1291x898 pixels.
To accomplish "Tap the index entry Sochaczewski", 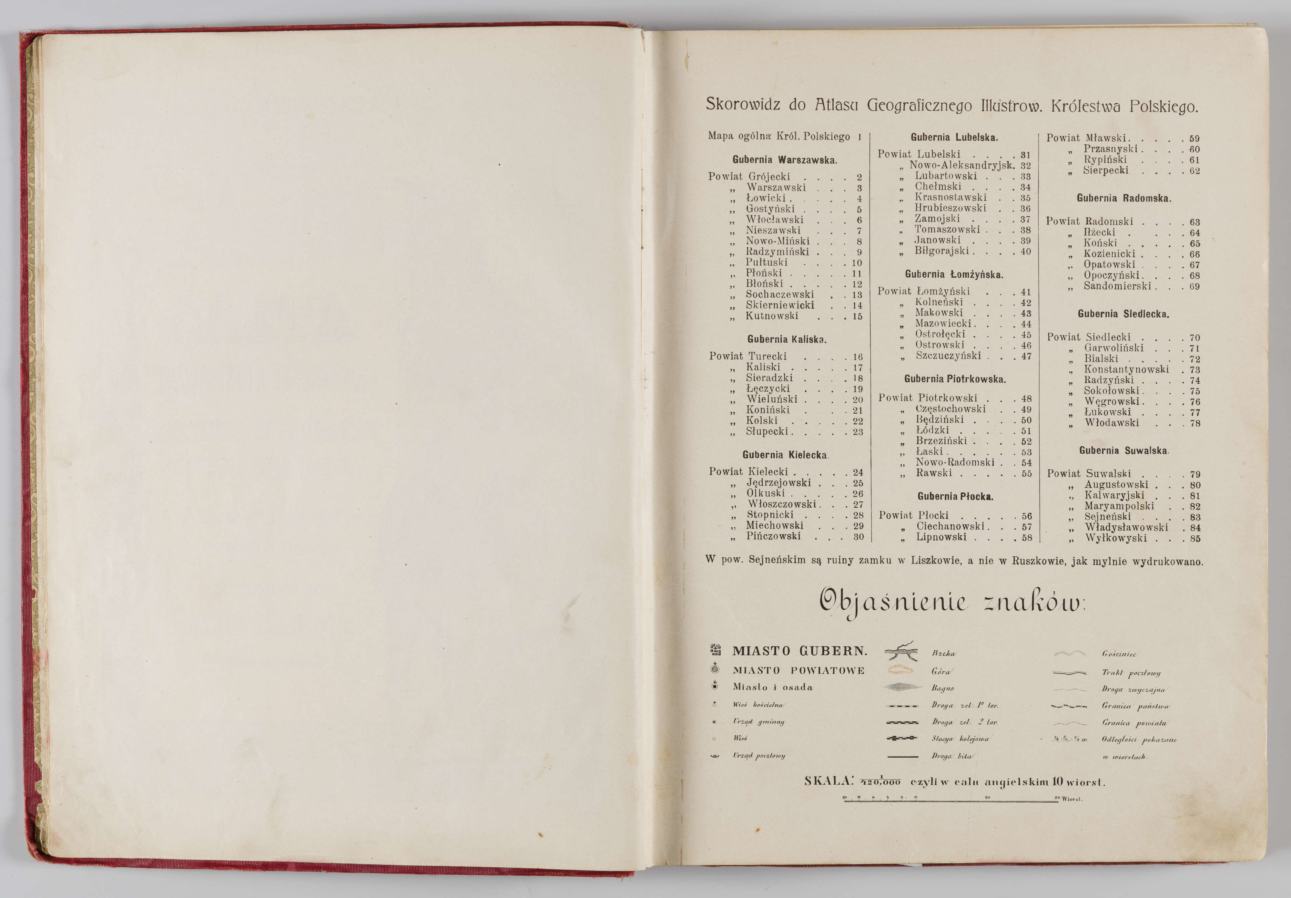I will pos(779,294).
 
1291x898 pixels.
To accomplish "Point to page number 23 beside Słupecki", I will pos(858,432).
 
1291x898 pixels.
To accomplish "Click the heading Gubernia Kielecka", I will pos(784,455).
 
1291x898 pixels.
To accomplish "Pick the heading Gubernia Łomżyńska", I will pos(954,274).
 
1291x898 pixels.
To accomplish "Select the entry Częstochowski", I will pos(950,409).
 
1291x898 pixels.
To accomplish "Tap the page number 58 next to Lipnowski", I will pos(1027,538).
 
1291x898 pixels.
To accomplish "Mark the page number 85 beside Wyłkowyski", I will pos(1195,539).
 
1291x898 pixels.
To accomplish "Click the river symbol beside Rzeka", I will pos(902,652).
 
